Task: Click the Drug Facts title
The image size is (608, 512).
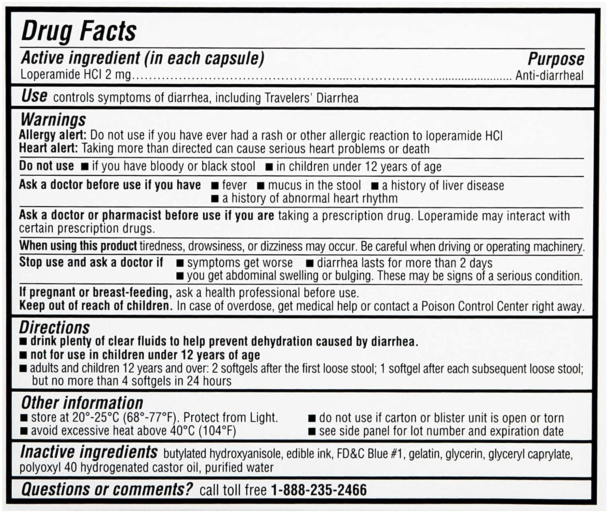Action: point(79,31)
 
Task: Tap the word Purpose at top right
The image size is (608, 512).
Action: point(556,59)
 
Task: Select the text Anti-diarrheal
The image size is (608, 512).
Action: point(549,76)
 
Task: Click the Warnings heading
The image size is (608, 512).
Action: point(53,119)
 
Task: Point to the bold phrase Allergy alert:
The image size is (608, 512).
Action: point(53,135)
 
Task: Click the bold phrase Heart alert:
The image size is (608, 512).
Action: point(48,148)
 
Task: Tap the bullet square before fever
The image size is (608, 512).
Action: point(215,186)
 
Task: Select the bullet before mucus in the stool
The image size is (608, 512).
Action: point(261,186)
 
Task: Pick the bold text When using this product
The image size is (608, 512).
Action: point(78,246)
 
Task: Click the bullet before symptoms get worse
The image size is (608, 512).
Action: point(180,263)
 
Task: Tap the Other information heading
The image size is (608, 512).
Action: point(82,403)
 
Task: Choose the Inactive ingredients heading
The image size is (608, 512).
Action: point(89,452)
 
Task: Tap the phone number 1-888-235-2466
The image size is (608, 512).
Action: point(319,490)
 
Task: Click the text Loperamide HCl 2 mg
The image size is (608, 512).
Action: point(76,75)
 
